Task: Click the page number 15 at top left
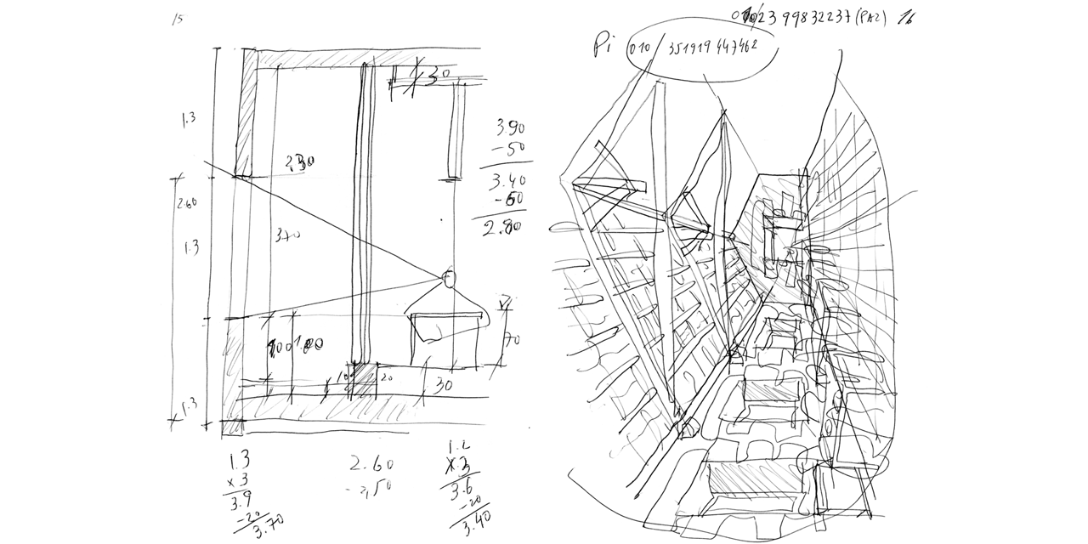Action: click(x=177, y=20)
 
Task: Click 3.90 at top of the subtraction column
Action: click(x=510, y=128)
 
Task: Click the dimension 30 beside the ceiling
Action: click(x=433, y=78)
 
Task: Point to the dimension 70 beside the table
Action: click(x=511, y=340)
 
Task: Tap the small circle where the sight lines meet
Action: click(x=448, y=276)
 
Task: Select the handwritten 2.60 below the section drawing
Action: click(x=371, y=464)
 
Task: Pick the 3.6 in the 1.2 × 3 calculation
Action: click(x=462, y=490)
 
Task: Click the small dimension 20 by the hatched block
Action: click(x=383, y=377)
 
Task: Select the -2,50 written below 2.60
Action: click(x=369, y=487)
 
